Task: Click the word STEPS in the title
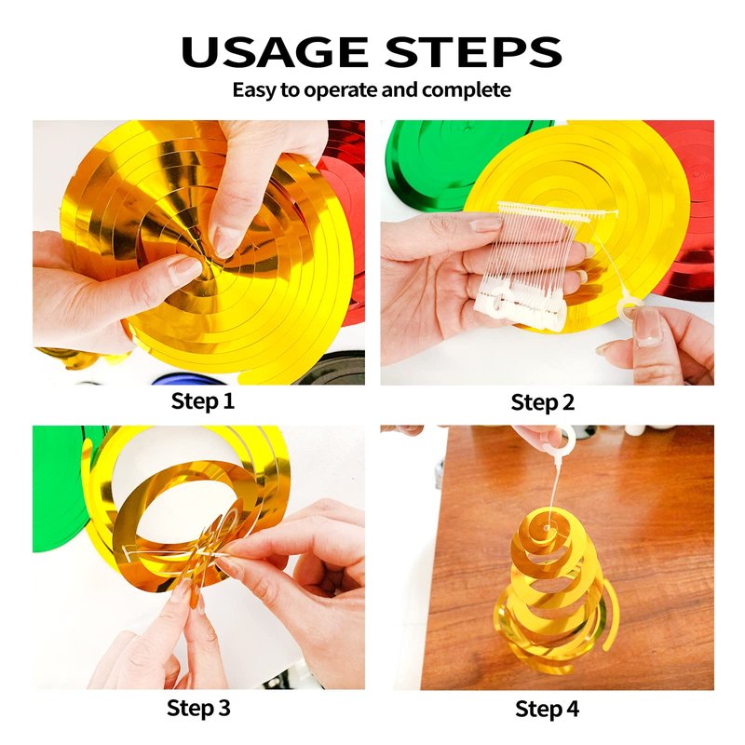pos(473,51)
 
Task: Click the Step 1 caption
pos(203,400)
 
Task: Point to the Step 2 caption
pos(543,402)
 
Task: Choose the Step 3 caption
pos(198,708)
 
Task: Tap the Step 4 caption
pos(547,709)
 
